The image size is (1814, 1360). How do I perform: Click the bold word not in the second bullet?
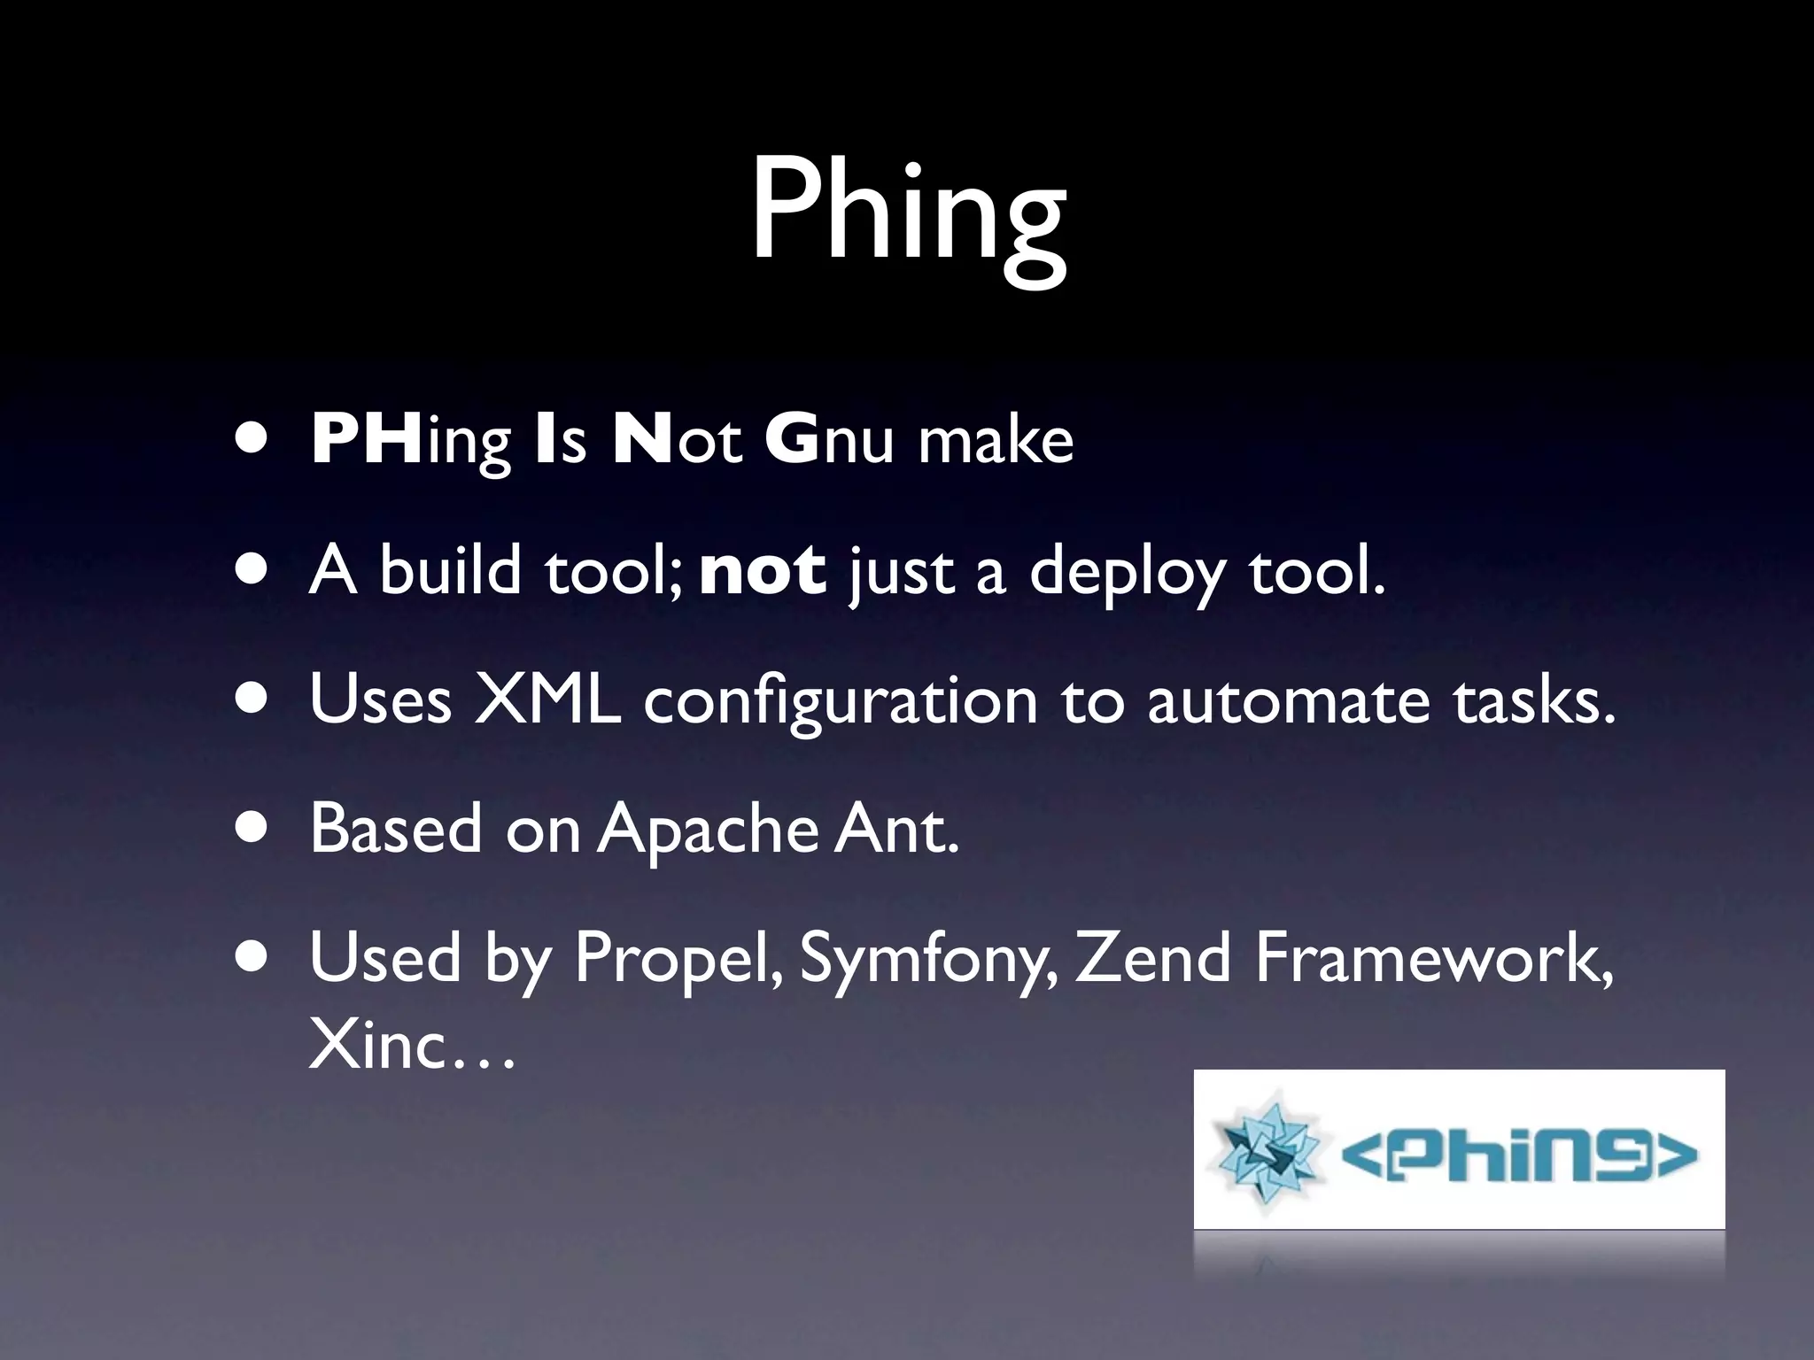[x=763, y=571]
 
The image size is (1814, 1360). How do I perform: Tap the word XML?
[x=547, y=699]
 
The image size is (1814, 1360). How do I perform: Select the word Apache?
[x=707, y=831]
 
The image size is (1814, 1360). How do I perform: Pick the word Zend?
[x=1152, y=958]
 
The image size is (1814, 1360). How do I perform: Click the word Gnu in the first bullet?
[x=829, y=440]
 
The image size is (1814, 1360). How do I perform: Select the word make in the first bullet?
[x=996, y=440]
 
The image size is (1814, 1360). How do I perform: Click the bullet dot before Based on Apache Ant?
[x=254, y=831]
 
